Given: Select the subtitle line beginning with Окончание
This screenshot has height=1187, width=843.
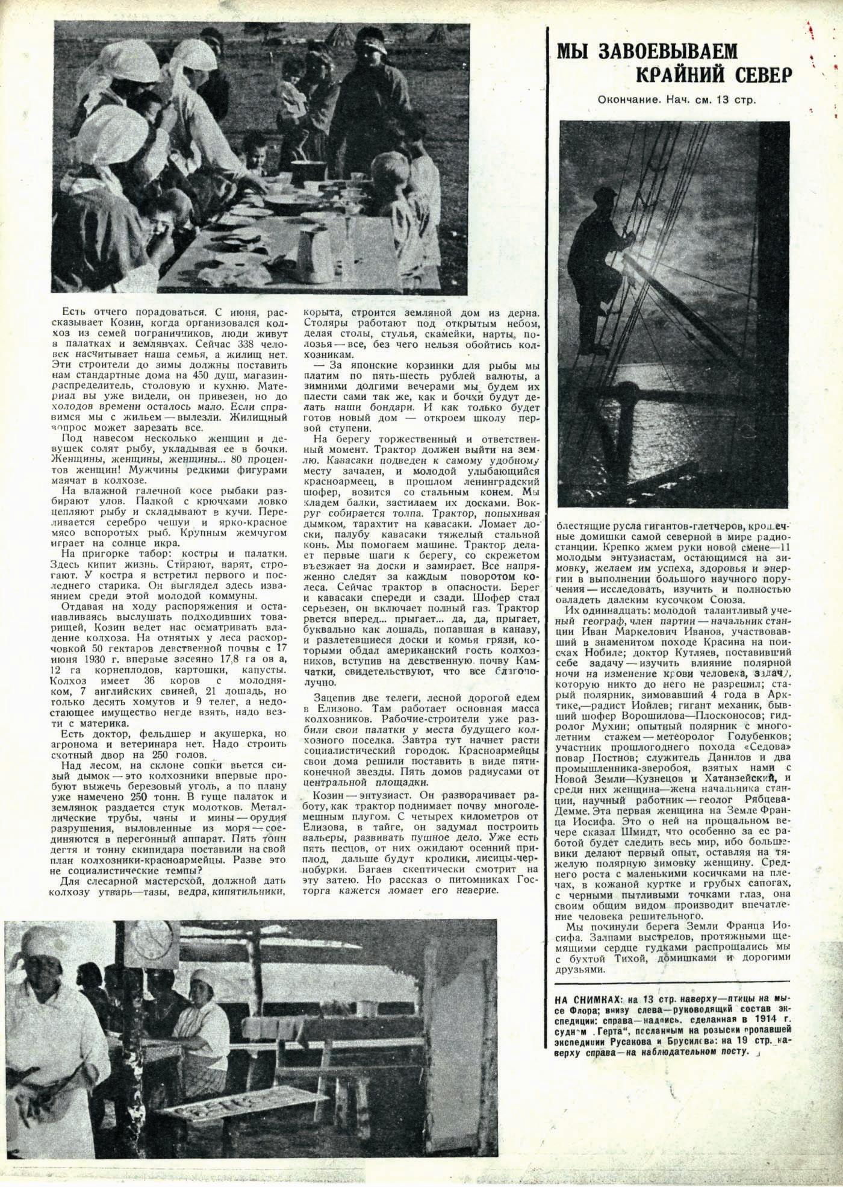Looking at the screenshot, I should tap(677, 99).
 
